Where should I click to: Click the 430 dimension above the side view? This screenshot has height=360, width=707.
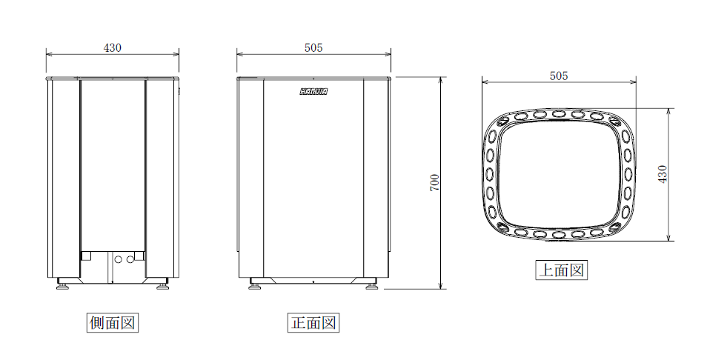click(113, 47)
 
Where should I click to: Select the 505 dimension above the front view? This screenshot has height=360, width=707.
click(313, 47)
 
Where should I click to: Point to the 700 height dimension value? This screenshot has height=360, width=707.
click(435, 182)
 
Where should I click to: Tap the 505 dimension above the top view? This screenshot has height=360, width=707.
click(559, 75)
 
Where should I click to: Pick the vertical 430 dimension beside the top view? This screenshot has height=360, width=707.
click(663, 174)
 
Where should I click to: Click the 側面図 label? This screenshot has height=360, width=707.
click(113, 323)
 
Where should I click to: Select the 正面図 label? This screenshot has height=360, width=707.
click(313, 323)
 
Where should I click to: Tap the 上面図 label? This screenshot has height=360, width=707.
click(561, 270)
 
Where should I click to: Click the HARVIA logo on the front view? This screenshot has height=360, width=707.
click(313, 92)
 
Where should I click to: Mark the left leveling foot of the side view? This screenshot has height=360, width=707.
click(64, 284)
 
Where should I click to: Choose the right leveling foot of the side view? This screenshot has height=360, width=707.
click(162, 284)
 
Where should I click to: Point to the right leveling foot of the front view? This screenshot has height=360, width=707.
click(371, 284)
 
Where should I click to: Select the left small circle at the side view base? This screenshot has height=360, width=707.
click(121, 259)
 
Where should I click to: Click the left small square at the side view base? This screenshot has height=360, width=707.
click(86, 256)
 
